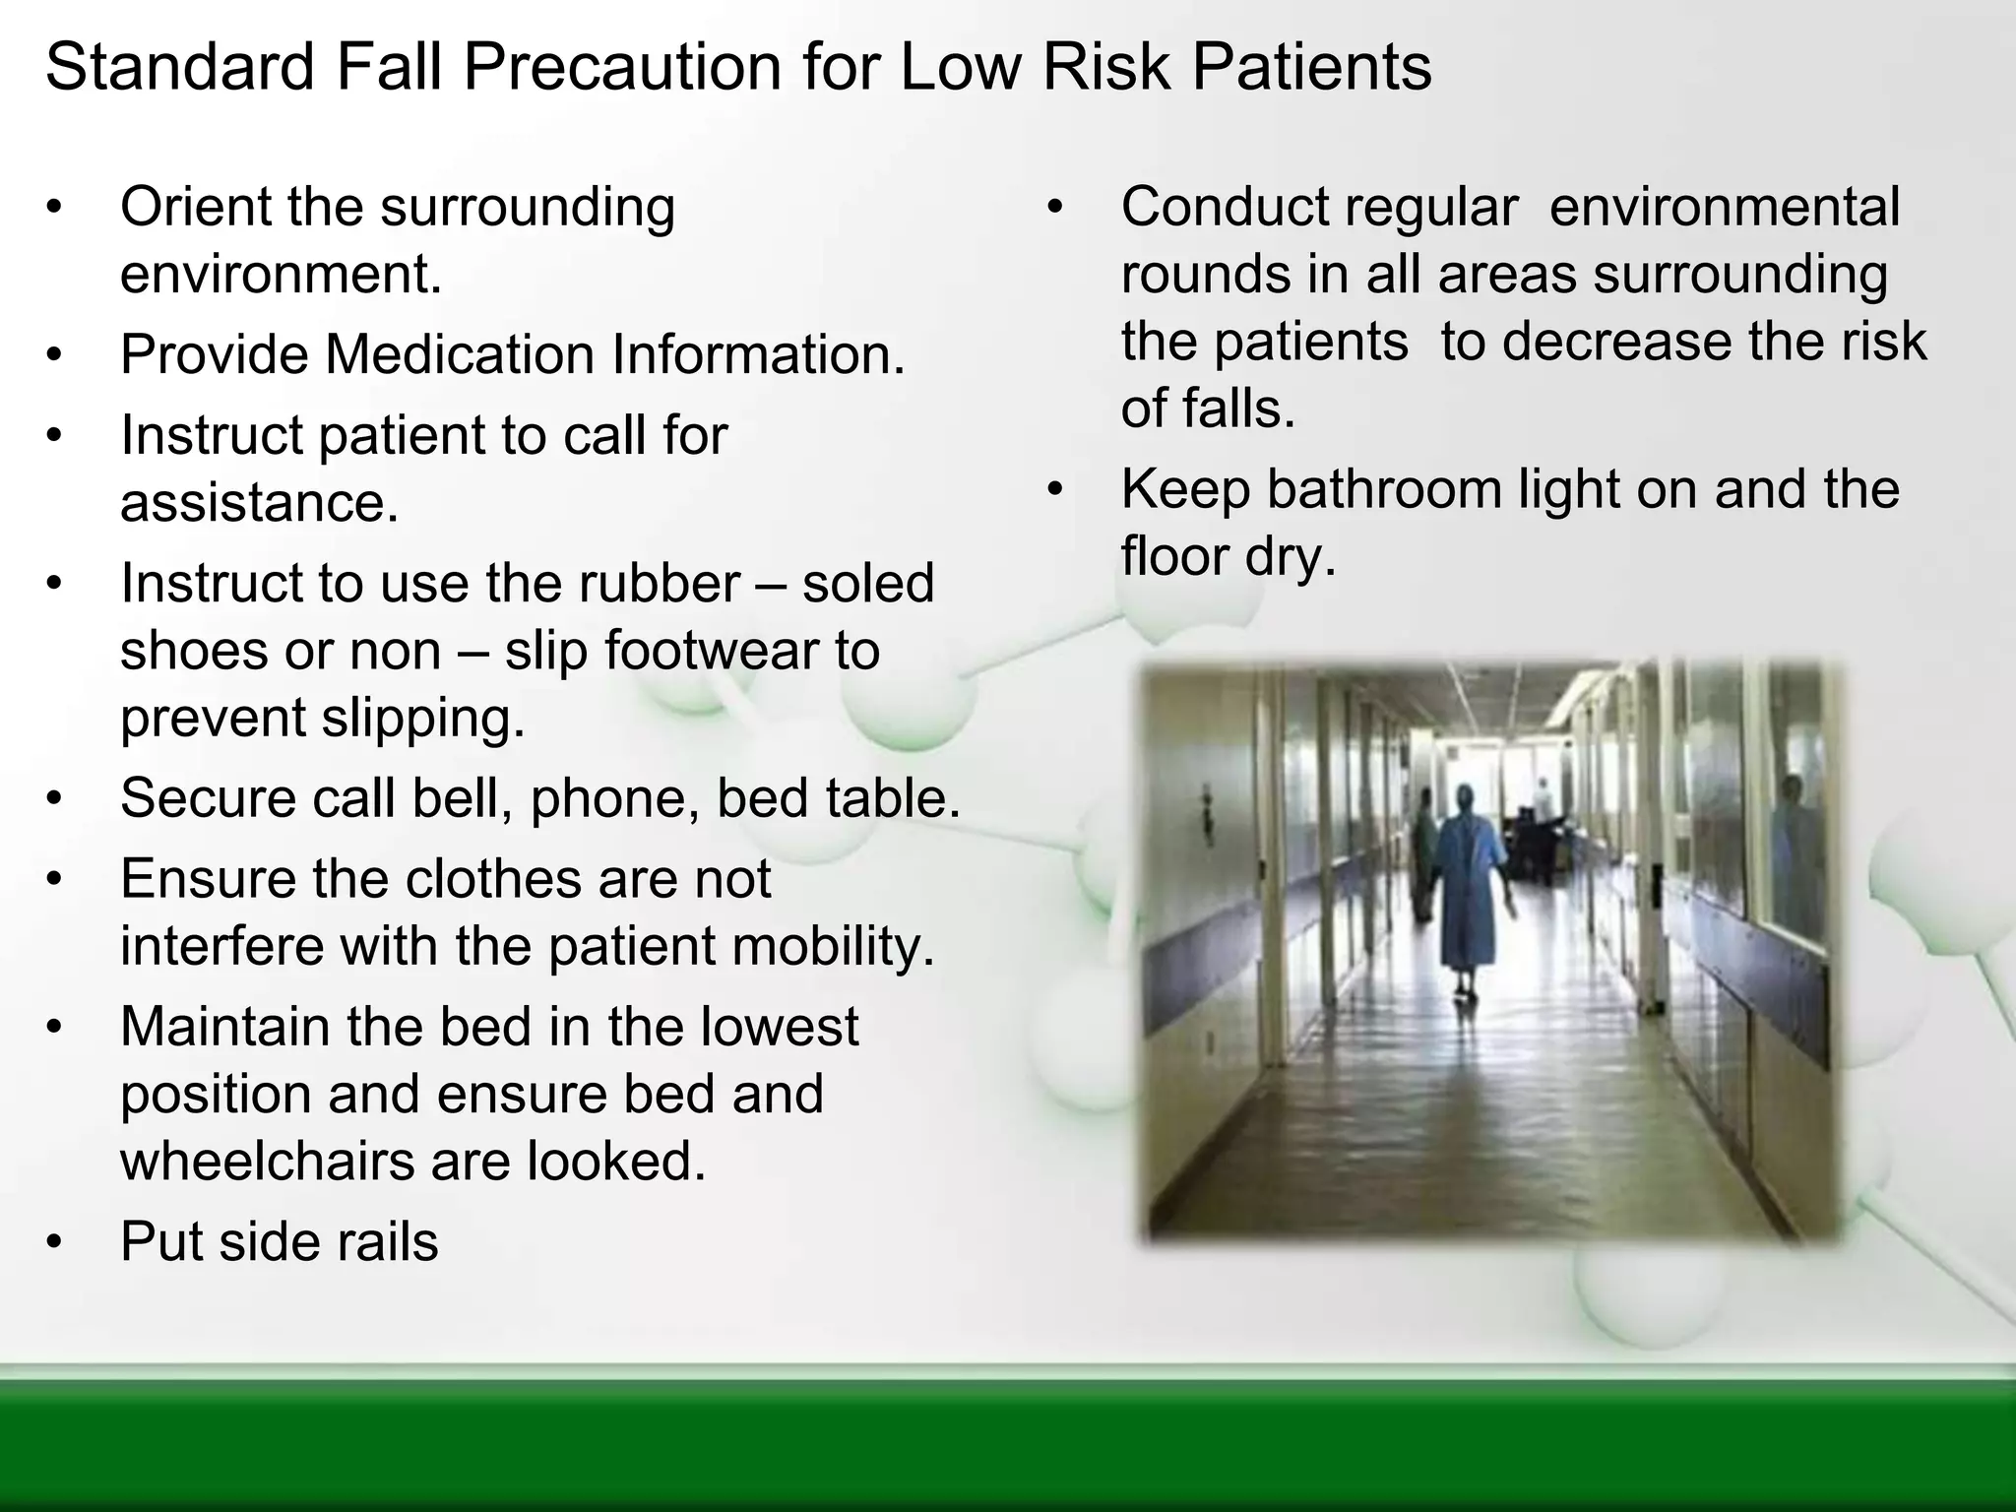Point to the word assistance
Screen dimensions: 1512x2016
pyautogui.click(x=258, y=503)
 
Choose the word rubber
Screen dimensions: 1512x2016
pyautogui.click(x=659, y=583)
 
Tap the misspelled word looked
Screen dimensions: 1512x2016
pyautogui.click(x=614, y=1162)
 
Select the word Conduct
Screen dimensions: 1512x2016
pyautogui.click(x=1225, y=209)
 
